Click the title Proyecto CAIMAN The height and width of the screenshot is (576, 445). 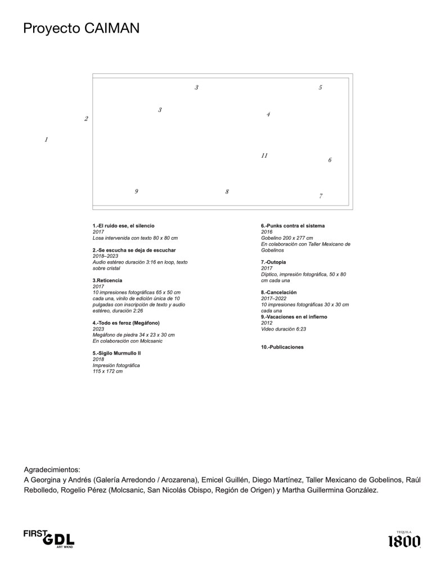coord(81,29)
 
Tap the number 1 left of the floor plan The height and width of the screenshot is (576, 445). coord(46,140)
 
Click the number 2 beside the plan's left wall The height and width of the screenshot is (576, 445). coord(86,119)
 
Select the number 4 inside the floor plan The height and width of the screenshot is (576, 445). coord(268,115)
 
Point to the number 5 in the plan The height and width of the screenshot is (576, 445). coord(320,88)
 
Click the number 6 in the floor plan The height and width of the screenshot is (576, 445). coord(330,160)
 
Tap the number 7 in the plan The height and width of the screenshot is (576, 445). coord(321,197)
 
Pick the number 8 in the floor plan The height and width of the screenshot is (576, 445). coord(227,192)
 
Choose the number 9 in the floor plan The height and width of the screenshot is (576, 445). coord(136,191)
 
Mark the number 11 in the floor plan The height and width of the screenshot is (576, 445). coord(264,156)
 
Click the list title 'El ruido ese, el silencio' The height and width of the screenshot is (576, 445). coord(123,226)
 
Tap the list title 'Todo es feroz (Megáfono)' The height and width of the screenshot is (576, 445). coord(126,323)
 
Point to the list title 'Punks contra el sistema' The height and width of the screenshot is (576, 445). coord(293,226)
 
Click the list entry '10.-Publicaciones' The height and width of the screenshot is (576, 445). coord(282,347)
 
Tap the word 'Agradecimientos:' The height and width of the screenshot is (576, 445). coord(52,469)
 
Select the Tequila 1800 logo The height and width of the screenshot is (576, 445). coord(404,540)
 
